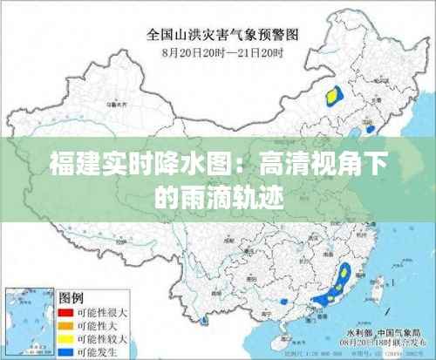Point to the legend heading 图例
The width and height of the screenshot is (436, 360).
click(x=71, y=297)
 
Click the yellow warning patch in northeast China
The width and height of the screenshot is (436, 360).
click(x=332, y=93)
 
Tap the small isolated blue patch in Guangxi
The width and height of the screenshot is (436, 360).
click(x=283, y=302)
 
